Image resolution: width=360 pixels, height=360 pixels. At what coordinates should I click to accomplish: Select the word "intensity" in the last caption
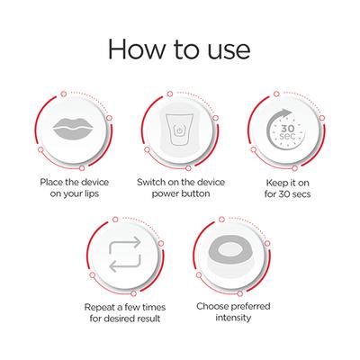(x=234, y=323)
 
